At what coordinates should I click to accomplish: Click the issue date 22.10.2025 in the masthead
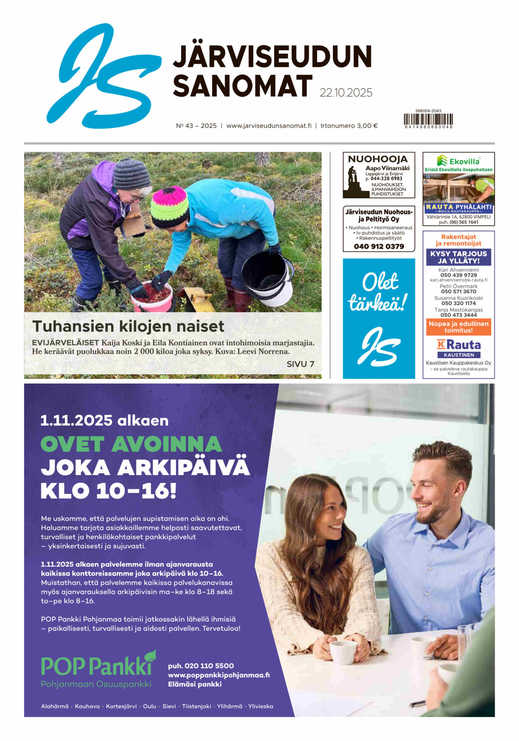point(346,93)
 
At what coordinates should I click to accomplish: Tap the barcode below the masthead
point(428,119)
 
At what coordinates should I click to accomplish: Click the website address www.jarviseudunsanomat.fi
point(269,126)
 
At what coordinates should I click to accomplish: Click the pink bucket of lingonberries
point(152,297)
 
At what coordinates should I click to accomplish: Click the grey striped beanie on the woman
point(131,174)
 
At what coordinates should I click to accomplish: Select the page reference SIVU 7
point(300,364)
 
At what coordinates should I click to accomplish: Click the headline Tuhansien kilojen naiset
point(128,326)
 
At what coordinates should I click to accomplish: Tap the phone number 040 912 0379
point(379,246)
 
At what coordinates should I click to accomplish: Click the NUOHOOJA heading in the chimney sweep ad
point(377,159)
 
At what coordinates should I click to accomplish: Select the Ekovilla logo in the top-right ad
point(458,161)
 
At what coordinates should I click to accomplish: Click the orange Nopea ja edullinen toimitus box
point(458,327)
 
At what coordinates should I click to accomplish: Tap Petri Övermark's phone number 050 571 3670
point(458,292)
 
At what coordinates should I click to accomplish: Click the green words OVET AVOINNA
point(131,445)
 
